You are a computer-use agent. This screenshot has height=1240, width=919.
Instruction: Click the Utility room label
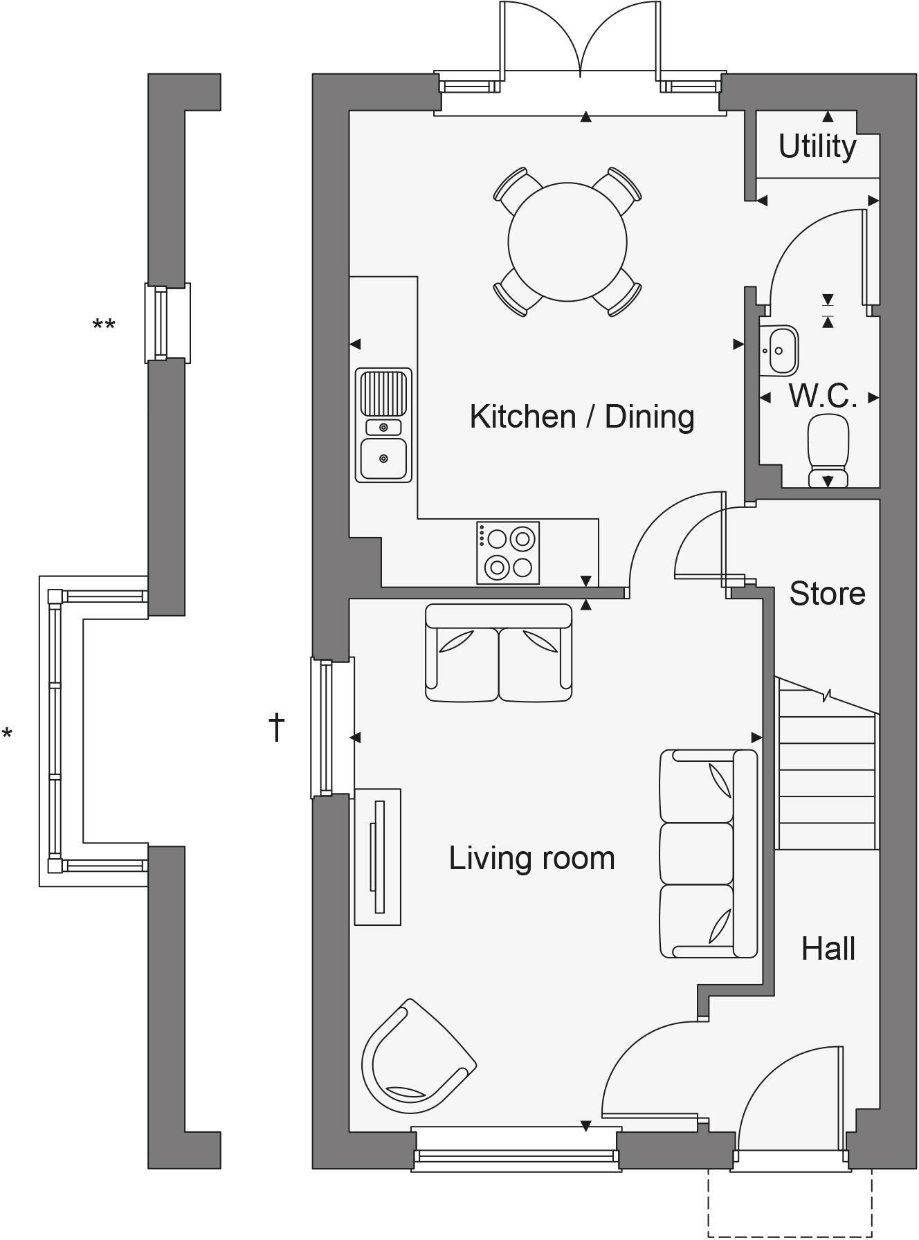(817, 147)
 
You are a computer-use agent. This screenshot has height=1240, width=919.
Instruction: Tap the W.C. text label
(823, 396)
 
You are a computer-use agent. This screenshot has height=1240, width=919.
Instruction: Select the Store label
(827, 594)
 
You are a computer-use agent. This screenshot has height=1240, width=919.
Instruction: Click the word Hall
(828, 949)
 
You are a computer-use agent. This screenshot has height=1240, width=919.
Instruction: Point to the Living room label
(531, 858)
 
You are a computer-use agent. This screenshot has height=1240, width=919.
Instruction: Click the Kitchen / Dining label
(581, 417)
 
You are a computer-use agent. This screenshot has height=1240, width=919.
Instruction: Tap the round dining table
(567, 241)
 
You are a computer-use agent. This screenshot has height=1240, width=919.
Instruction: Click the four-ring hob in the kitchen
(507, 552)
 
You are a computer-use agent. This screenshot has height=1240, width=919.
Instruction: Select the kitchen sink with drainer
(383, 425)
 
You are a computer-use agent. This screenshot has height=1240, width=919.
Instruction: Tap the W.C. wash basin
(779, 351)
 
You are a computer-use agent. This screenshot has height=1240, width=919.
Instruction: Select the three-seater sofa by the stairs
(708, 854)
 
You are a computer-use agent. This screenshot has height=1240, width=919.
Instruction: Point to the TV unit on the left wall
(377, 856)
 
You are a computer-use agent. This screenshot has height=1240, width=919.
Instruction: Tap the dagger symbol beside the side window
(277, 727)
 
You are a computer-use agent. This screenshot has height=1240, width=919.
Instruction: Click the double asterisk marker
(104, 325)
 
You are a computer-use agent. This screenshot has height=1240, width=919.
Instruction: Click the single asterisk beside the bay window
(7, 734)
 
